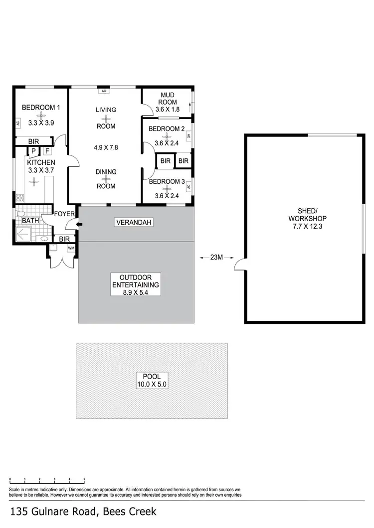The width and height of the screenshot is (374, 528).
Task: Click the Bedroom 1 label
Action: click(x=41, y=107)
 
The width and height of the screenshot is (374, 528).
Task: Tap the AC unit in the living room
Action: click(x=104, y=91)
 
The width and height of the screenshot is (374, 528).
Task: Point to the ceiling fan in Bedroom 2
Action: click(x=167, y=136)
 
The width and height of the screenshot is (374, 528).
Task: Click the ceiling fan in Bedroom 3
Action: click(x=167, y=190)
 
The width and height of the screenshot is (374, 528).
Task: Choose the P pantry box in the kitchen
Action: click(x=33, y=151)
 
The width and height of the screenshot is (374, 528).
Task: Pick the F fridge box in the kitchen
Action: click(x=47, y=151)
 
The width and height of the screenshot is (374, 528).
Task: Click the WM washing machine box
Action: click(x=71, y=248)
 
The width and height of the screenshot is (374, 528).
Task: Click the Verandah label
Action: click(x=133, y=222)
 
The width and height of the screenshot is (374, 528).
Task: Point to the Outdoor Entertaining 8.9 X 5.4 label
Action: click(x=135, y=285)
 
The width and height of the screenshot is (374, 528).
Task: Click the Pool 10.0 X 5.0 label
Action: click(x=152, y=381)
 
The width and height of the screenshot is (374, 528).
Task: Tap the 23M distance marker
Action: click(x=216, y=258)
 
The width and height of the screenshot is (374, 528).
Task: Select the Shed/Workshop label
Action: click(x=307, y=223)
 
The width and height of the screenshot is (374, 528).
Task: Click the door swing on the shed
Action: click(x=239, y=265)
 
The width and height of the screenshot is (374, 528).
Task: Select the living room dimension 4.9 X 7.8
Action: click(x=106, y=147)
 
